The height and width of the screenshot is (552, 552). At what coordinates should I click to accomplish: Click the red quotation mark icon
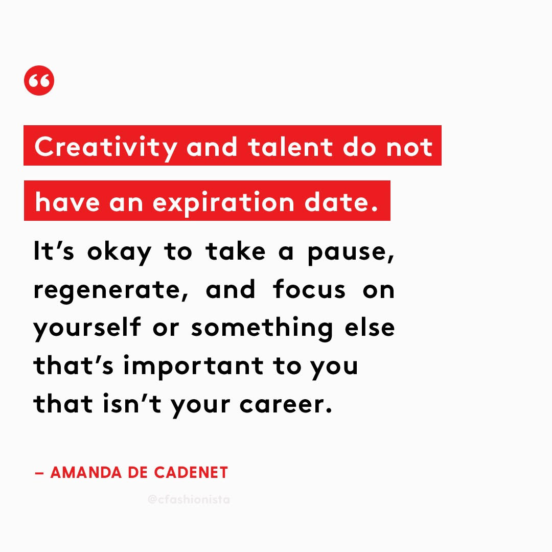(x=39, y=81)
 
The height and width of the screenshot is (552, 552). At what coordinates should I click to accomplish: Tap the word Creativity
(x=106, y=148)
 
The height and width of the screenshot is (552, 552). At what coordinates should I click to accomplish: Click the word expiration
(x=223, y=203)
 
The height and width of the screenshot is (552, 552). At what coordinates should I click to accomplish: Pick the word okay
(x=119, y=252)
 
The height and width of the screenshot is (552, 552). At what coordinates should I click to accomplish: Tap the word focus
(x=309, y=289)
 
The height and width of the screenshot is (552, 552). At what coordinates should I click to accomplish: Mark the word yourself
(x=87, y=329)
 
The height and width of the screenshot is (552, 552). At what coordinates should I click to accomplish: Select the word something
(x=262, y=329)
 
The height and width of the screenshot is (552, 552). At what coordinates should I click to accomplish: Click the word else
(x=370, y=327)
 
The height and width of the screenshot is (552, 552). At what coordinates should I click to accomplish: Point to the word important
(x=193, y=366)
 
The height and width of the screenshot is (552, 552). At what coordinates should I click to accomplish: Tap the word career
(x=286, y=404)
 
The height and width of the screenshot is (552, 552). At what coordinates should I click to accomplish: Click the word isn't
(x=132, y=403)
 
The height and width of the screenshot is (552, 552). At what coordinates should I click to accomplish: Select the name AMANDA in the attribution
(x=86, y=472)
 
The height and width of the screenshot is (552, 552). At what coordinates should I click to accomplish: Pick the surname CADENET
(x=191, y=472)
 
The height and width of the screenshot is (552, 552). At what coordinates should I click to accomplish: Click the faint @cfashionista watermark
(x=189, y=499)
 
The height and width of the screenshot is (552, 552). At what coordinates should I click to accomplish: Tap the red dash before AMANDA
(x=39, y=473)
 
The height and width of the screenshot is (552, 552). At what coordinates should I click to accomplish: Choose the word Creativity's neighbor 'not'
(x=409, y=147)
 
